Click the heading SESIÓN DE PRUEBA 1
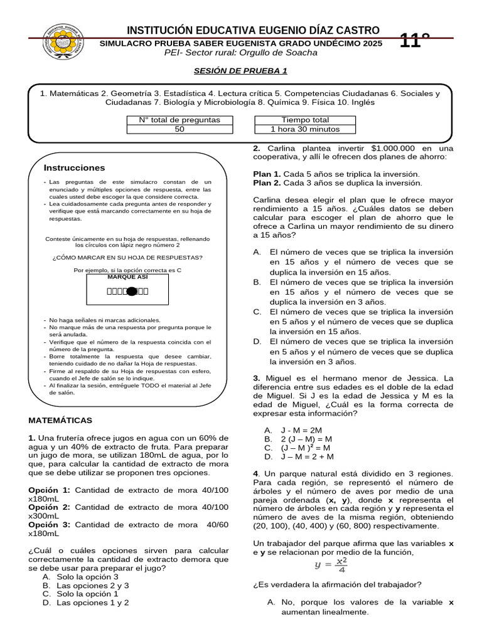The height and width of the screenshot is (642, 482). click(x=240, y=71)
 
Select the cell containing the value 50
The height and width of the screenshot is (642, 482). click(x=179, y=129)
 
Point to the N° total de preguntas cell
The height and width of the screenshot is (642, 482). click(x=179, y=120)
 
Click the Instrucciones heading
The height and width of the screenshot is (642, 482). click(x=74, y=168)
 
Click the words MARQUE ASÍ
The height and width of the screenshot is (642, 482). click(x=127, y=276)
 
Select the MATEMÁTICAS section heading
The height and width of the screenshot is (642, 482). click(x=60, y=420)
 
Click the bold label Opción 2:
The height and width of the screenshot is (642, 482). click(x=50, y=507)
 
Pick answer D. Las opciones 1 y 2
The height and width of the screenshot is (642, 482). click(x=86, y=603)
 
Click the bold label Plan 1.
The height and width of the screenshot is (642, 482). click(x=267, y=174)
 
